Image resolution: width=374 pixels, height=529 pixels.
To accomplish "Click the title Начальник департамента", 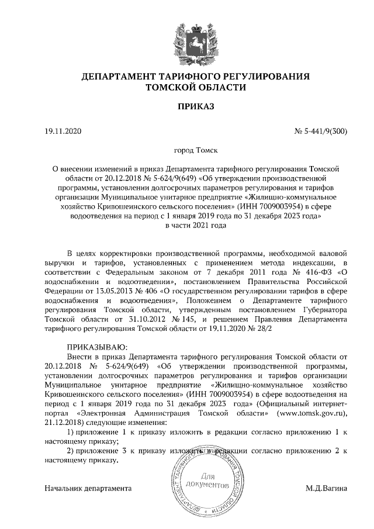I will click(x=88, y=487).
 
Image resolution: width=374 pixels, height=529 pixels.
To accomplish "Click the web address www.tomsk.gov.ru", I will click(x=310, y=413).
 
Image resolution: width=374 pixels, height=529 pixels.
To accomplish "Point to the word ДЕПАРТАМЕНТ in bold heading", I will click(x=119, y=77).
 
